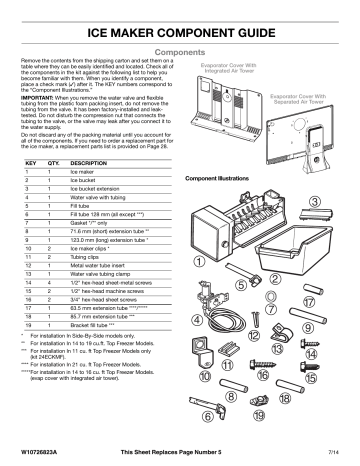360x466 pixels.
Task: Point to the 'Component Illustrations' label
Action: (x=217, y=180)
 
